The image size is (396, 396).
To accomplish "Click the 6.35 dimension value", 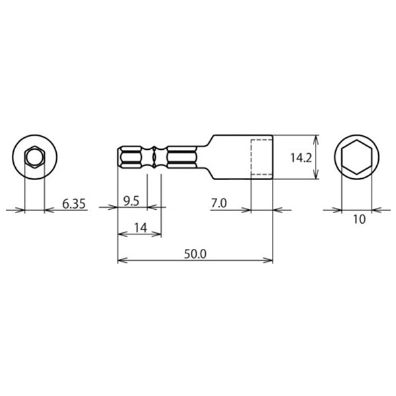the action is click(74, 204).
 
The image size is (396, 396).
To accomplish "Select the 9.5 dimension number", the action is click(131, 201).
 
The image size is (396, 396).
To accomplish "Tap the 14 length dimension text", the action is click(140, 228).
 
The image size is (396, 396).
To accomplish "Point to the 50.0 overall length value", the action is click(195, 254).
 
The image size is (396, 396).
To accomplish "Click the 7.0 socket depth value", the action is click(218, 203).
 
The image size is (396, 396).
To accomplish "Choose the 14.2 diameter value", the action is click(301, 158).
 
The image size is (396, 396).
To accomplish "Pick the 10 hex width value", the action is click(359, 219).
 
